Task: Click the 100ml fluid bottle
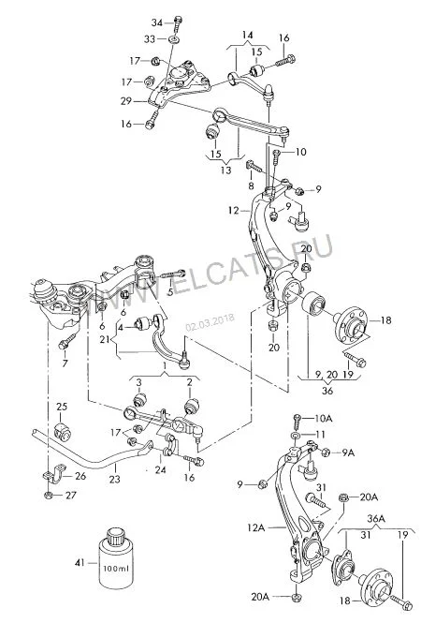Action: [x=116, y=558]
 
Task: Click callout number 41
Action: [x=80, y=563]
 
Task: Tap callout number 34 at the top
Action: [x=157, y=23]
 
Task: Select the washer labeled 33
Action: [x=174, y=39]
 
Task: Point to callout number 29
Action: [x=126, y=101]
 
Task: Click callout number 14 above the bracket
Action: [x=247, y=35]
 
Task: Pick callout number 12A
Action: [x=255, y=527]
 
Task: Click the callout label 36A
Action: [x=376, y=518]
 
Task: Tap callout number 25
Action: [x=62, y=407]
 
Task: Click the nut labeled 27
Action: [x=49, y=495]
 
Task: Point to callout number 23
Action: [x=115, y=479]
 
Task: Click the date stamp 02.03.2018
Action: [x=210, y=322]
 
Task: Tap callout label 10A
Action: [x=324, y=418]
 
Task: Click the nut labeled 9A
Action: [x=325, y=452]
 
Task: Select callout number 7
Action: [x=65, y=363]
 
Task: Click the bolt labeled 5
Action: [x=173, y=274]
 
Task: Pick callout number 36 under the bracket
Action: [x=327, y=391]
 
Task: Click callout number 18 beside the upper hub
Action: [x=385, y=319]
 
